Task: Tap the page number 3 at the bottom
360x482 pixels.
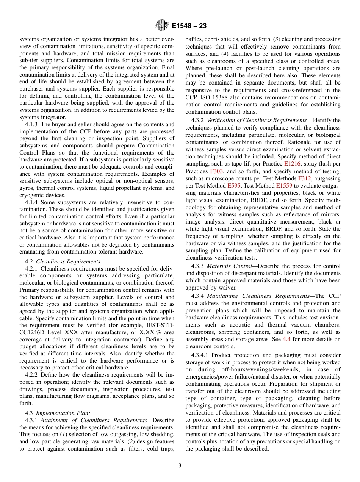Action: tap(180, 465)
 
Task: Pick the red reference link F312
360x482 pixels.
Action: tap(304, 178)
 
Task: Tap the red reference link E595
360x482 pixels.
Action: tap(233, 185)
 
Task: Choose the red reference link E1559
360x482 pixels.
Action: tap(285, 185)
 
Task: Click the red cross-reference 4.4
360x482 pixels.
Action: tap(287, 339)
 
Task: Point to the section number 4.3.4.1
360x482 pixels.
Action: tap(200, 355)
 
